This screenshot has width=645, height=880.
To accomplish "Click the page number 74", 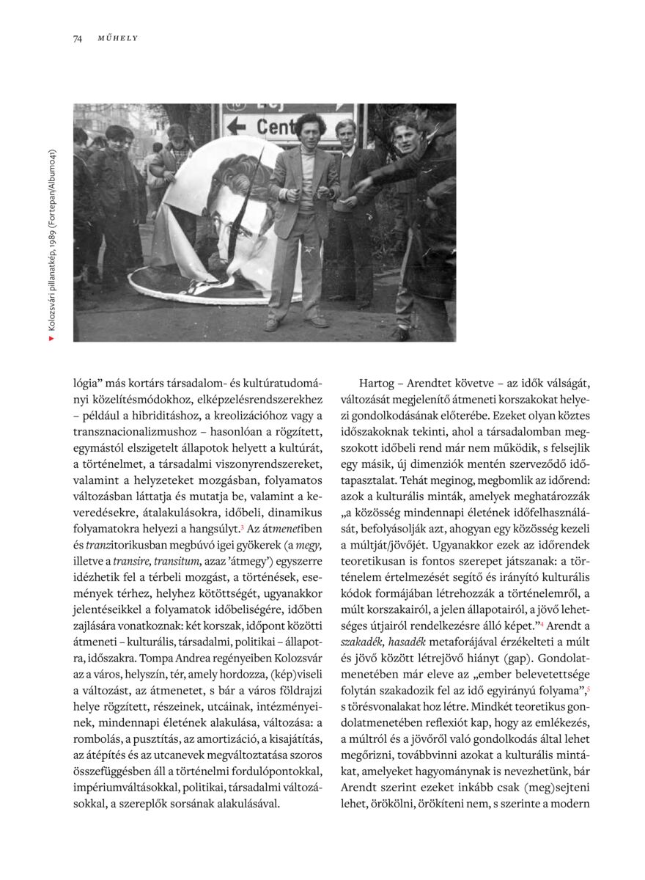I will pos(77,38).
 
